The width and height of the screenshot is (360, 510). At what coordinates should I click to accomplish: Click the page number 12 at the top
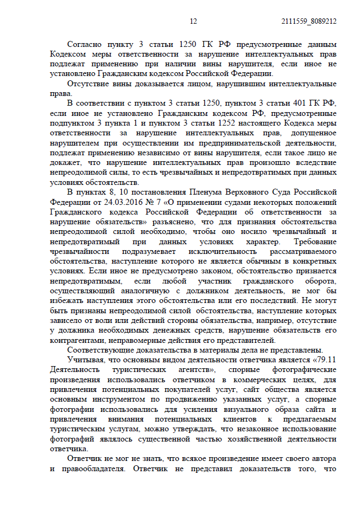tap(194, 21)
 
